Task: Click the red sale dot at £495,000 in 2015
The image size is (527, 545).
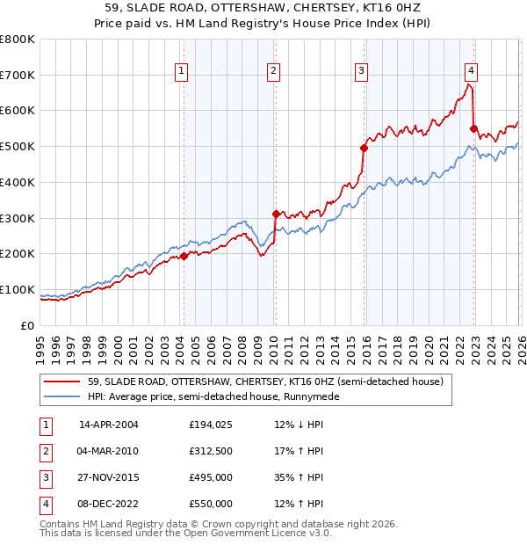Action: click(x=364, y=148)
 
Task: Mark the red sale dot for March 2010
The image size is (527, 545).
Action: click(x=275, y=214)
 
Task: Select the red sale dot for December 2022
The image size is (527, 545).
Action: click(x=473, y=128)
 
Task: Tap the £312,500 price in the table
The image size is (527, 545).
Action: click(x=211, y=451)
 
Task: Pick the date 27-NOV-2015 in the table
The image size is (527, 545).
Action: click(x=109, y=477)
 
